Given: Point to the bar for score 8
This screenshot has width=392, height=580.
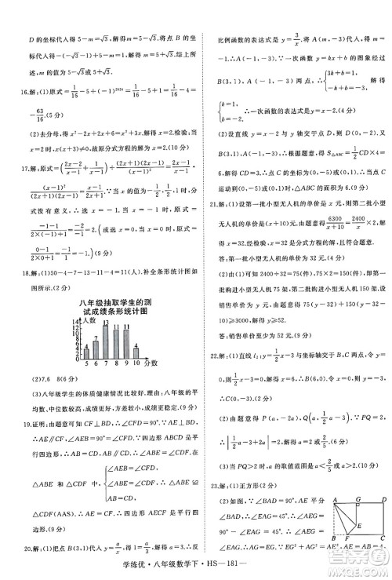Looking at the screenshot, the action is [x=117, y=345].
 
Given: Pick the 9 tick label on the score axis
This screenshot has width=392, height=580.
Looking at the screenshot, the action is [x=126, y=363].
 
